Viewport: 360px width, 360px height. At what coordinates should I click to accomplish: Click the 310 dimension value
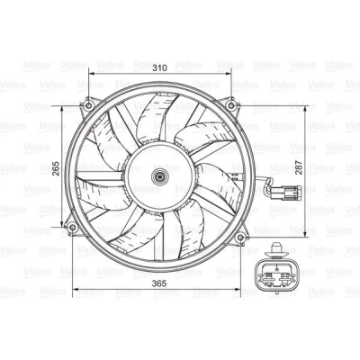click(x=159, y=67)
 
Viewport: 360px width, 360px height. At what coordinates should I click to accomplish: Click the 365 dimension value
click(x=158, y=283)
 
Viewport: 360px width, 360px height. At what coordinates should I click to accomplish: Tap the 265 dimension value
click(x=56, y=168)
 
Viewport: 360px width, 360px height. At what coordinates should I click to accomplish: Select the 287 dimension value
click(x=299, y=167)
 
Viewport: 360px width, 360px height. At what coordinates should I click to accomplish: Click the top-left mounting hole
click(x=89, y=105)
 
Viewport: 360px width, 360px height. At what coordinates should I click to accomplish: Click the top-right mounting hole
click(x=231, y=105)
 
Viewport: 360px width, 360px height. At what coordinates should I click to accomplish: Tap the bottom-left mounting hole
click(x=72, y=228)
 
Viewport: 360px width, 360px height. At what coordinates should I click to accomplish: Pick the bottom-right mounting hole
click(x=241, y=238)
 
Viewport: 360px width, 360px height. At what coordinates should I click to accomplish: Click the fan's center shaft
click(x=159, y=177)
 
